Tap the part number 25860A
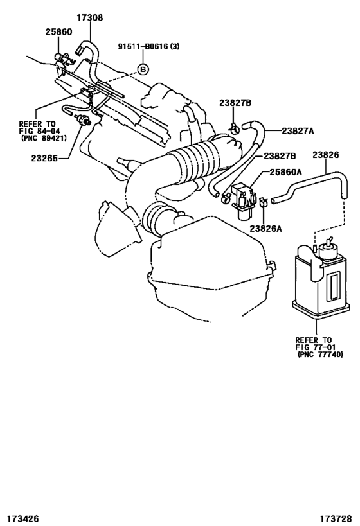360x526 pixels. pyautogui.click(x=286, y=173)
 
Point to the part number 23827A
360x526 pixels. pyautogui.click(x=300, y=130)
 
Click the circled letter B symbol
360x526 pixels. pyautogui.click(x=143, y=68)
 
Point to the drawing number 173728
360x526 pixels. pyautogui.click(x=335, y=516)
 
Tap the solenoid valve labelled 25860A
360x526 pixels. pyautogui.click(x=241, y=196)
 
